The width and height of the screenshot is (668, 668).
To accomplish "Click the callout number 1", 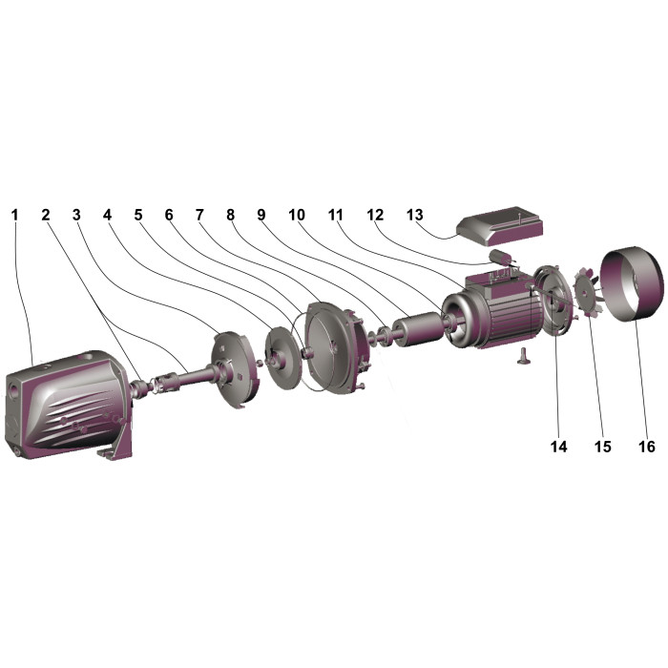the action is point(15,215).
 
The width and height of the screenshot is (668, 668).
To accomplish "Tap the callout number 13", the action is point(414,215).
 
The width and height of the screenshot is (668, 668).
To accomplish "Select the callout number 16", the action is point(646,447).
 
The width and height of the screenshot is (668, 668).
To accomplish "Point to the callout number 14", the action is point(558,447).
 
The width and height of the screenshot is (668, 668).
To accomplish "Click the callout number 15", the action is point(602,447).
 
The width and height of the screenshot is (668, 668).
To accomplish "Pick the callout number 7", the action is point(199,215).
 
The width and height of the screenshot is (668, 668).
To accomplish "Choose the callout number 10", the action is point(297,215).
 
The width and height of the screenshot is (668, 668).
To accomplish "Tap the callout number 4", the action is point(107,215).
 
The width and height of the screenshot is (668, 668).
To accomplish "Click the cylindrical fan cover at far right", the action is point(632,284).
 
